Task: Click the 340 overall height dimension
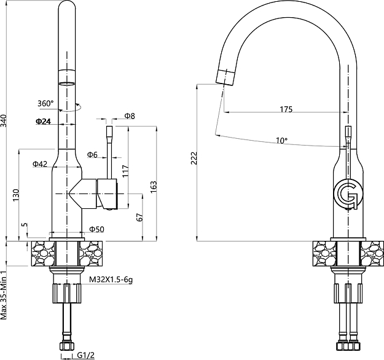click(x=6, y=121)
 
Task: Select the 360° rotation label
click(x=45, y=103)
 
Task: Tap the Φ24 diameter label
click(x=43, y=122)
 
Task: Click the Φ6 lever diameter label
click(x=92, y=154)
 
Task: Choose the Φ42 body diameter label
click(x=40, y=164)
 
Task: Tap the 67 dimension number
click(x=139, y=217)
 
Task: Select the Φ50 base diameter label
click(x=96, y=229)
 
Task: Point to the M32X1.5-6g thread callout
click(x=111, y=280)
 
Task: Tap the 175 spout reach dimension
click(x=286, y=109)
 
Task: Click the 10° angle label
click(x=281, y=141)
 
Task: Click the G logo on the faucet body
click(x=348, y=194)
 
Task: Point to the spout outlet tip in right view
click(x=225, y=78)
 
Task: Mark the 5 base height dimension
click(x=24, y=225)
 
